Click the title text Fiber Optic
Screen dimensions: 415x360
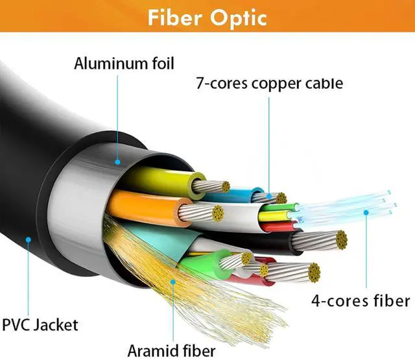tap(207, 18)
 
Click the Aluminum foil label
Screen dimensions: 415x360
tap(124, 64)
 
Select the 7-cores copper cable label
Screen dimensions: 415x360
tap(270, 84)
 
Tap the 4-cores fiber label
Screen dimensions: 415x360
tap(361, 301)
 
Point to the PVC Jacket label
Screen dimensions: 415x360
tap(40, 325)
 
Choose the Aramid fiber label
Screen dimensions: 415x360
tap(171, 351)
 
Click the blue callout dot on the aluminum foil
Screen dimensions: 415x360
tap(117, 162)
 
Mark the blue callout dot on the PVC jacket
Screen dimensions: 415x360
tap(29, 239)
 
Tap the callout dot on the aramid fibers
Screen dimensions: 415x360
tap(173, 282)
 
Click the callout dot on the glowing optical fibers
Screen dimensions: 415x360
tap(366, 212)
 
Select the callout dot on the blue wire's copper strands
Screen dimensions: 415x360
tap(269, 196)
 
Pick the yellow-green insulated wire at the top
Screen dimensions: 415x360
tap(164, 180)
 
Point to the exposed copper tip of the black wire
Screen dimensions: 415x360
tap(341, 240)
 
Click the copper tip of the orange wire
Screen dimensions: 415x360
tap(218, 213)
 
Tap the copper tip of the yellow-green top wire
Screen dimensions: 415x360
tap(226, 187)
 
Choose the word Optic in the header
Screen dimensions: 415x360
tap(239, 19)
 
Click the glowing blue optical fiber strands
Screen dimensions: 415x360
tap(344, 206)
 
